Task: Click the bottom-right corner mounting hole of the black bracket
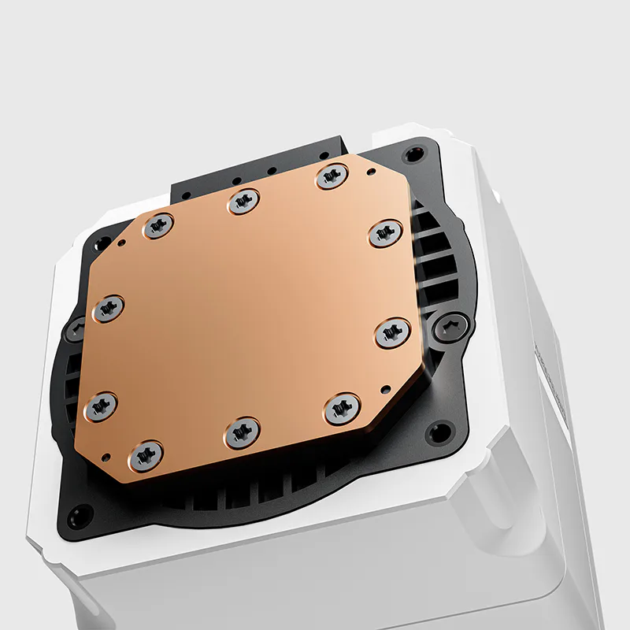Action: point(438,432)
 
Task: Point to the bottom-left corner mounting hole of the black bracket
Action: point(79,517)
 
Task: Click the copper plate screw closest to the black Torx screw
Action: point(392,332)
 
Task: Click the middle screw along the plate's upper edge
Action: point(243,202)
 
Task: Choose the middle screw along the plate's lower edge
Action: point(242,432)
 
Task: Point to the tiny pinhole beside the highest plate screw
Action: point(369,169)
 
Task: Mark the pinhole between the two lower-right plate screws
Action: point(384,389)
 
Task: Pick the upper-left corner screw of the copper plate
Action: point(157,227)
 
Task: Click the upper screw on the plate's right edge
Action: point(385,233)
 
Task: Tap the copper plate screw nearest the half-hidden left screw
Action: point(109,308)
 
